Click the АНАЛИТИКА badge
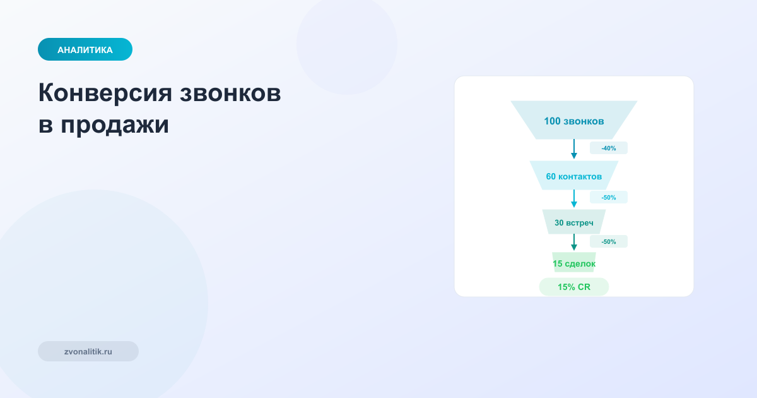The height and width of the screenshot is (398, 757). [85, 49]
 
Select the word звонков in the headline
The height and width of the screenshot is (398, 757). [231, 93]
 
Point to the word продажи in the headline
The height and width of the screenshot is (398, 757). [115, 125]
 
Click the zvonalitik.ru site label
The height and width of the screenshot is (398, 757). [88, 351]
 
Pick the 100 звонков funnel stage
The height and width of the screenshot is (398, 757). [574, 120]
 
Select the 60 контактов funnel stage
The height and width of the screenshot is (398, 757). [574, 176]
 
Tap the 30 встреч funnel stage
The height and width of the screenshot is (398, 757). [574, 222]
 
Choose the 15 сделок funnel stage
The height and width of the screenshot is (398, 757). [574, 263]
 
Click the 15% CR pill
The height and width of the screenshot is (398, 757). [574, 287]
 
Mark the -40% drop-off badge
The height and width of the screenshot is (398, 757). [609, 148]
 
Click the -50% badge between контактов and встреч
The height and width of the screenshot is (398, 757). [609, 198]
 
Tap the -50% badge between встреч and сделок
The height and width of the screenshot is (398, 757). [609, 242]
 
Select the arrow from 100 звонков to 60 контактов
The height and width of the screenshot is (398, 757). [574, 149]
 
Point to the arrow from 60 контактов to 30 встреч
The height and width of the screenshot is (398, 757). [574, 198]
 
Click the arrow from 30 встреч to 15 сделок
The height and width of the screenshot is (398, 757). [574, 243]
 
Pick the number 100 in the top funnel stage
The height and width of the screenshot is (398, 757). [553, 121]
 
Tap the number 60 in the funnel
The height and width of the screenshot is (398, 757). [551, 176]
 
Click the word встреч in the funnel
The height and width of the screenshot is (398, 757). [580, 223]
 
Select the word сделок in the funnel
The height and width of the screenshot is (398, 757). [580, 263]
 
